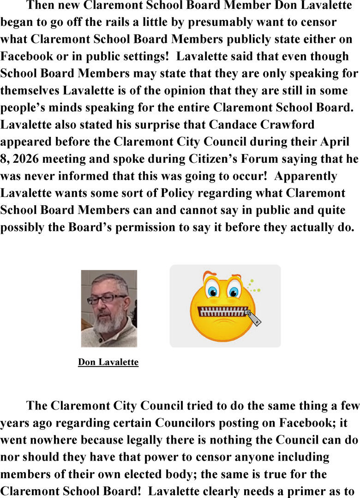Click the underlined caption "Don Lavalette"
coord(108,362)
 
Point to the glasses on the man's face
coord(106,299)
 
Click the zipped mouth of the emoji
coord(222,312)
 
